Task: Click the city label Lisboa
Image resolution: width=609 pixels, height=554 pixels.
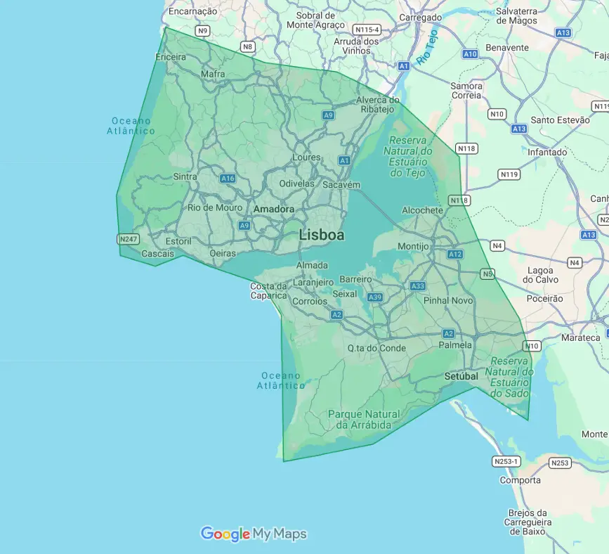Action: pyautogui.click(x=322, y=235)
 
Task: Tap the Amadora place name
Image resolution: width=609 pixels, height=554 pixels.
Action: pyautogui.click(x=274, y=210)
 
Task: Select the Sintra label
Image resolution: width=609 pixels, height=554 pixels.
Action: pyautogui.click(x=185, y=177)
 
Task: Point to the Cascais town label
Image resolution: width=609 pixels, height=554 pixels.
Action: pyautogui.click(x=157, y=254)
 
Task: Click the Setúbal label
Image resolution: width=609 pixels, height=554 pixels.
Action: pyautogui.click(x=461, y=377)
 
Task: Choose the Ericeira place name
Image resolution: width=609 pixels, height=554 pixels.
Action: pyautogui.click(x=171, y=56)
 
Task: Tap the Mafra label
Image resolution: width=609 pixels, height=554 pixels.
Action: pyautogui.click(x=213, y=74)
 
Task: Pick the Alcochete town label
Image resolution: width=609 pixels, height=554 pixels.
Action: pyautogui.click(x=423, y=210)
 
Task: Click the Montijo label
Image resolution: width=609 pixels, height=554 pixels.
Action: pyautogui.click(x=413, y=247)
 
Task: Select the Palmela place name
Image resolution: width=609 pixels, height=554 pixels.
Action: pyautogui.click(x=454, y=346)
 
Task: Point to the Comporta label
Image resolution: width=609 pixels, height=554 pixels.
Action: pyautogui.click(x=520, y=480)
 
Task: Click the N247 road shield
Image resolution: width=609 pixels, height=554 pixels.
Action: pyautogui.click(x=129, y=239)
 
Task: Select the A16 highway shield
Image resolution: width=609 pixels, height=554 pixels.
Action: pyautogui.click(x=227, y=179)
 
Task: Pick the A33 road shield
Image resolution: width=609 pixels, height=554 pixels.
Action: pyautogui.click(x=418, y=286)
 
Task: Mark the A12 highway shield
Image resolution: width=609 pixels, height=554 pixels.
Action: pyautogui.click(x=455, y=254)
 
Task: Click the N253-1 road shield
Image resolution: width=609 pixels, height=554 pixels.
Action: pyautogui.click(x=506, y=462)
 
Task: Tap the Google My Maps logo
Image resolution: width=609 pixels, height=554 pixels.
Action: pyautogui.click(x=254, y=534)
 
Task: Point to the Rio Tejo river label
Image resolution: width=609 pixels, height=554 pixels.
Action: pyautogui.click(x=426, y=48)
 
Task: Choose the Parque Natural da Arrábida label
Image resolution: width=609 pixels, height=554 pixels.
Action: pyautogui.click(x=363, y=420)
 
